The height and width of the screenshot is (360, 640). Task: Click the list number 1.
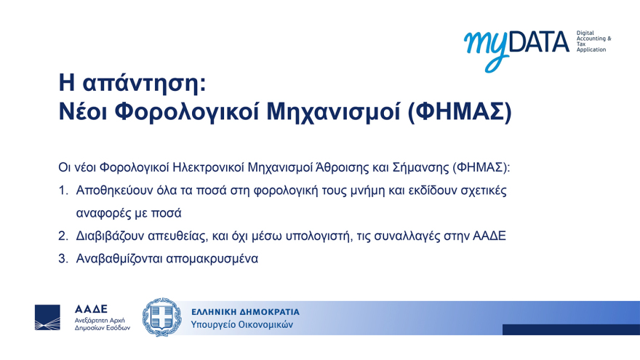[x=63, y=191]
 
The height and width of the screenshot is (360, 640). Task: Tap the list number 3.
[x=63, y=258]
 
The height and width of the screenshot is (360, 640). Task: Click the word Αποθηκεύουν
[x=113, y=191]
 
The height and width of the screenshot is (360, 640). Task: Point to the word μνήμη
[x=372, y=191]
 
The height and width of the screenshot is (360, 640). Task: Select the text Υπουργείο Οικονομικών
[x=241, y=325]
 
